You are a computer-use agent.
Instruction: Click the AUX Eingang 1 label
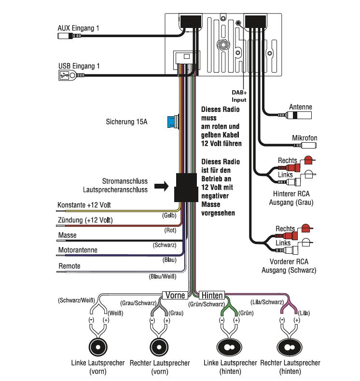point(78,28)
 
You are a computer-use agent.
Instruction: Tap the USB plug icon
point(63,75)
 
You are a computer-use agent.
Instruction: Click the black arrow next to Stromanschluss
point(161,186)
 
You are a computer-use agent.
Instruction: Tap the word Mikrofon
point(305,138)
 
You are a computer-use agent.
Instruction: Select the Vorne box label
point(175,295)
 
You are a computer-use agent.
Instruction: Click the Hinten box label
point(212,295)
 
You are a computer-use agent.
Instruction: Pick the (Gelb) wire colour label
point(168,216)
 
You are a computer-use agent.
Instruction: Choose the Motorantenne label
point(78,250)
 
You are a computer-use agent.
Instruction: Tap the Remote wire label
point(69,266)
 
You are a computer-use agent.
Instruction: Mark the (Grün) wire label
point(246,313)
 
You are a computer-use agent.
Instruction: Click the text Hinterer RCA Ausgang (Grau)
point(291,199)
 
